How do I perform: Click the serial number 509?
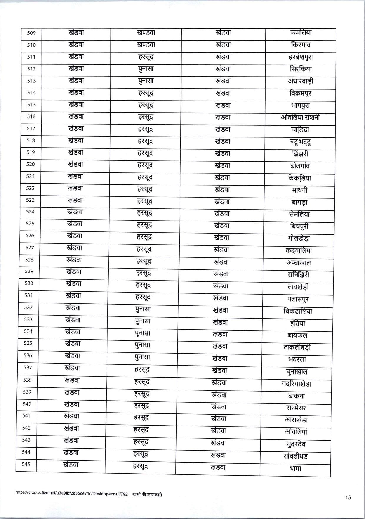tap(31, 33)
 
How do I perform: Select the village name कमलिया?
tap(300, 33)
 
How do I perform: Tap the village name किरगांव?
tap(300, 45)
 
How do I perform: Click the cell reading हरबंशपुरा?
tap(300, 57)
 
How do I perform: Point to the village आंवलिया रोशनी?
tap(300, 117)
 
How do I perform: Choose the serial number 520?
tap(31, 164)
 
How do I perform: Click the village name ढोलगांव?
tap(300, 166)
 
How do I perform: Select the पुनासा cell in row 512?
tap(146, 69)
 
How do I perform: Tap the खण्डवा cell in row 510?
tap(146, 45)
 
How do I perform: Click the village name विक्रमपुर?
tap(300, 93)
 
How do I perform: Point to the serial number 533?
tap(29, 319)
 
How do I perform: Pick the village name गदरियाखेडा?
tap(296, 384)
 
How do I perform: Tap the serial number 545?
tap(26, 464)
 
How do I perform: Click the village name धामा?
tap(295, 468)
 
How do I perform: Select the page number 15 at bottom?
tap(348, 497)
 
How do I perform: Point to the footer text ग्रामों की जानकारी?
tap(147, 495)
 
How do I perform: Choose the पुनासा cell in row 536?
tap(142, 357)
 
